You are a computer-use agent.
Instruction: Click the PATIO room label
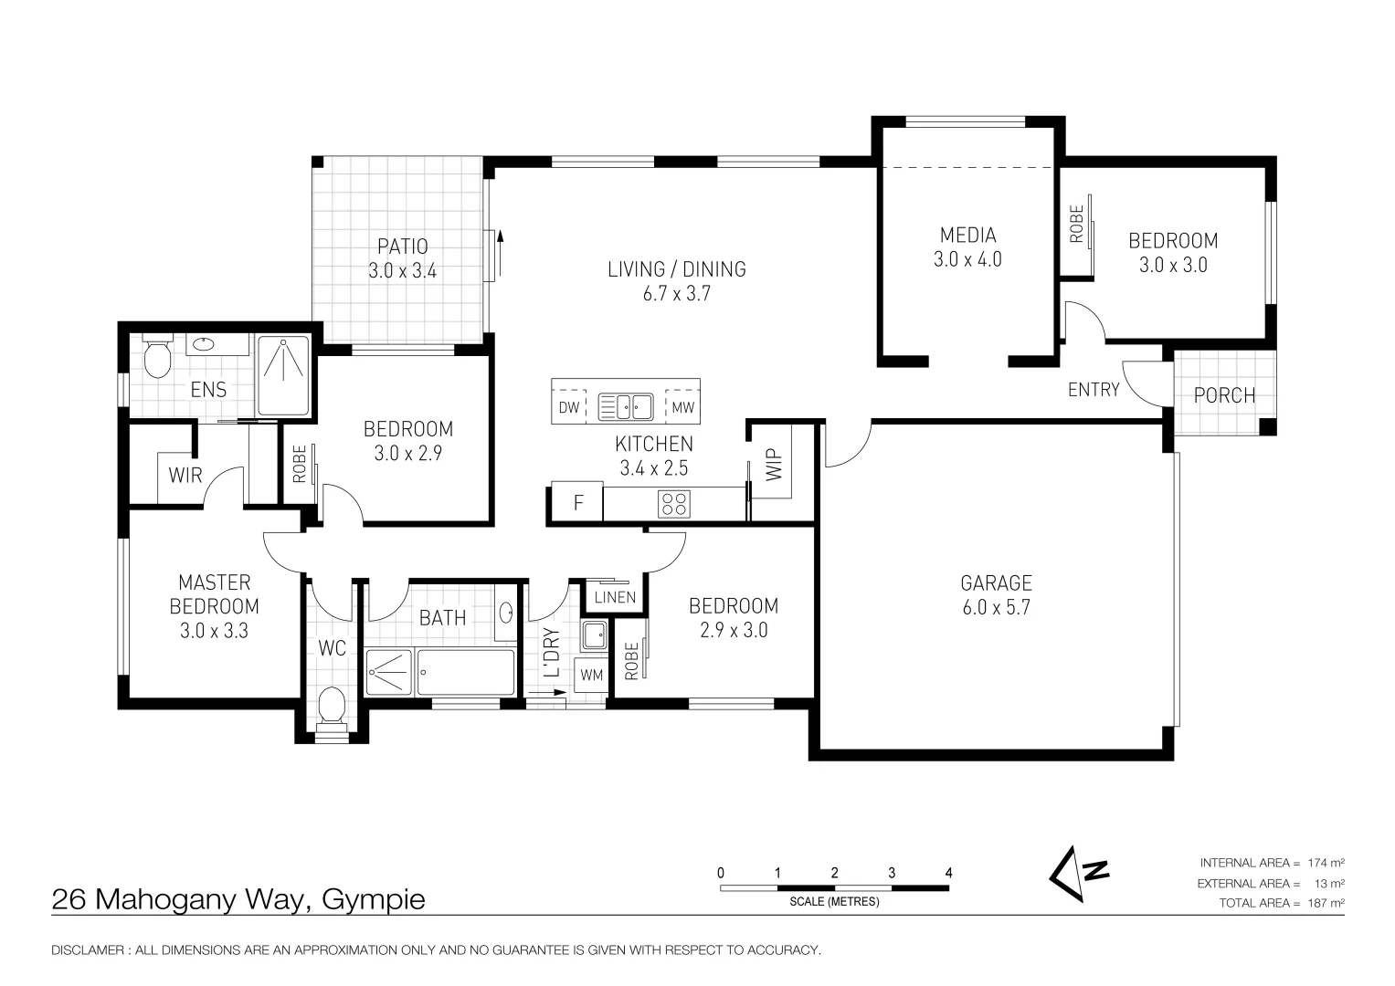(402, 246)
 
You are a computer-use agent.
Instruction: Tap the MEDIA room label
(967, 236)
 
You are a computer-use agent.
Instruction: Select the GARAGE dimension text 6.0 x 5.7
(996, 607)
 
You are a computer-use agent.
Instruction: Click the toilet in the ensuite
(158, 358)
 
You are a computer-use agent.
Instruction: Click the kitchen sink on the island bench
(625, 406)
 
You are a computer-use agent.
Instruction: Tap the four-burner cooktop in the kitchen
(674, 503)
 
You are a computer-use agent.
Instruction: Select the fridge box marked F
(577, 503)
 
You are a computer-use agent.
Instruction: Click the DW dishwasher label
(568, 407)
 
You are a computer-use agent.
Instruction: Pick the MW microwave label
(682, 407)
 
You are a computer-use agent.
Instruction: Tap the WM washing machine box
(591, 676)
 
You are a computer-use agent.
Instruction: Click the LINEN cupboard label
(615, 598)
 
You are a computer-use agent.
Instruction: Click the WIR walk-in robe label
(185, 476)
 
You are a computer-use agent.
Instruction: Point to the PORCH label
(1224, 395)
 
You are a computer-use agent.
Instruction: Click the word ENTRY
(1094, 390)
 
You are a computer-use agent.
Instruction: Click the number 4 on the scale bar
(948, 873)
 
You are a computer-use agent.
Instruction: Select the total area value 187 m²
(1326, 903)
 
